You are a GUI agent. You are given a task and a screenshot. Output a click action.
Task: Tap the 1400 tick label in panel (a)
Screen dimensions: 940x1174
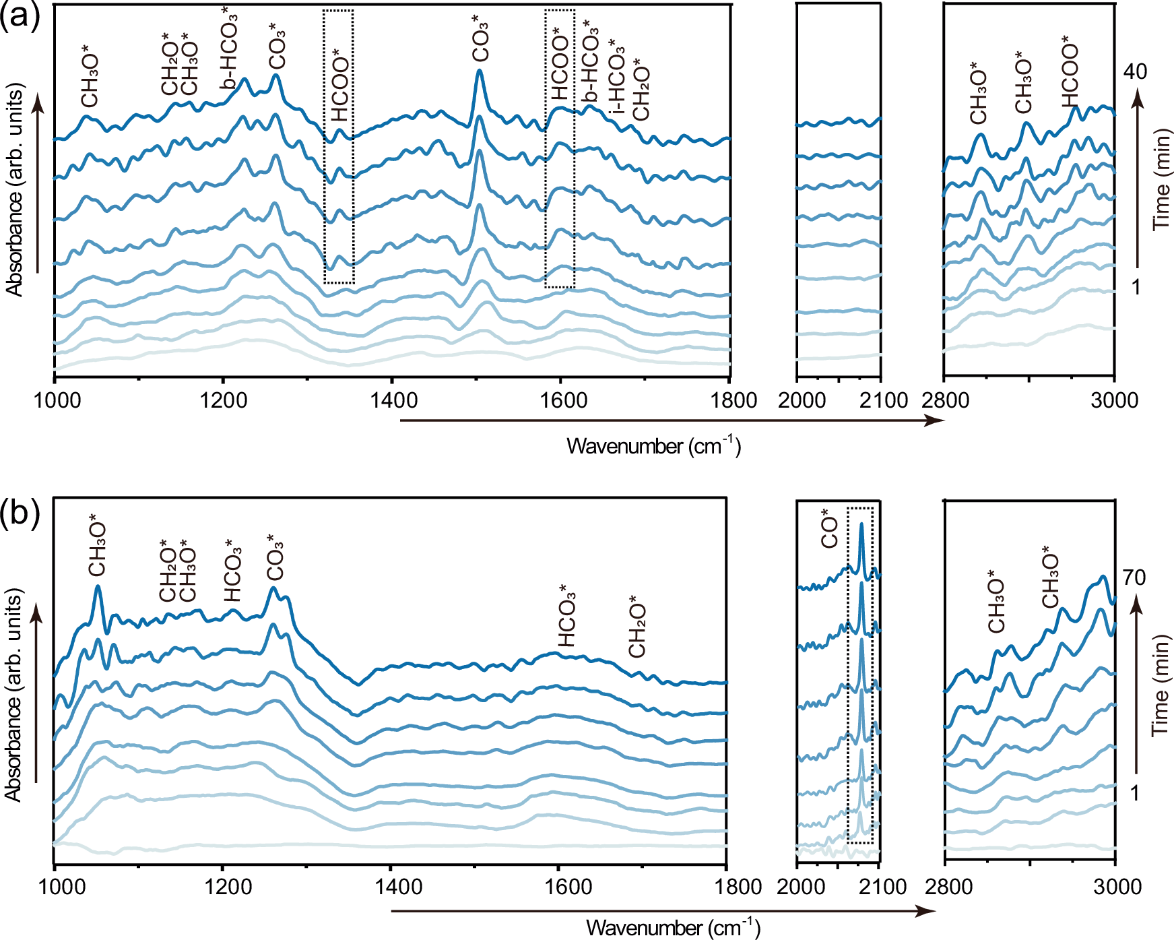[x=393, y=400]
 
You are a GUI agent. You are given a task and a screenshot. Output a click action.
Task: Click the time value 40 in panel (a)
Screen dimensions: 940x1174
[x=1134, y=72]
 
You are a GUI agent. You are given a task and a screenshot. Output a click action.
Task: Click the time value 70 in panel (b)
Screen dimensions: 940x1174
[x=1134, y=577]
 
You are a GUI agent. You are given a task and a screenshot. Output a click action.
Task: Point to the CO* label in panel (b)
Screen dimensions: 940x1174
[x=829, y=532]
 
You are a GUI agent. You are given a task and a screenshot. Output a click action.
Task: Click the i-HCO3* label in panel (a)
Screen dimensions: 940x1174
[x=616, y=84]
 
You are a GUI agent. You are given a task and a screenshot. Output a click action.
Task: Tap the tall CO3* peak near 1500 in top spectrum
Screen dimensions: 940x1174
[x=479, y=71]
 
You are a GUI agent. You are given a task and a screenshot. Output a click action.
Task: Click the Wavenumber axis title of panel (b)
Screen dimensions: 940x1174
[x=672, y=928]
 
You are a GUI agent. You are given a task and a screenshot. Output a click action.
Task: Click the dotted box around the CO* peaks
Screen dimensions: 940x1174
[x=860, y=674]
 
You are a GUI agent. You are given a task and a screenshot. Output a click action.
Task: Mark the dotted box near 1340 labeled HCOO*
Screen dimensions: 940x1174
[x=338, y=147]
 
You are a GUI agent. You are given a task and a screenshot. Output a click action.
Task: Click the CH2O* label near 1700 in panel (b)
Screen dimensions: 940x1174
[x=637, y=626]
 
